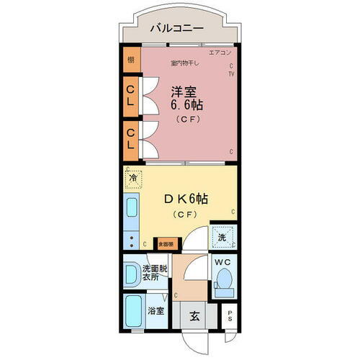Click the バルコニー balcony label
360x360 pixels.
[176, 30]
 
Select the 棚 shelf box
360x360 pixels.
[131, 60]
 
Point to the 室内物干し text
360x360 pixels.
[185, 63]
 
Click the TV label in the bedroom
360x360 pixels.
[231, 73]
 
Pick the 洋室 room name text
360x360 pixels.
[184, 91]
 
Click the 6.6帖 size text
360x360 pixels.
[186, 105]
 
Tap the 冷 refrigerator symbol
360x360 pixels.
[133, 176]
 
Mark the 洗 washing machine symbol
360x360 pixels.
[221, 235]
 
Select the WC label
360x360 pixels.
[221, 263]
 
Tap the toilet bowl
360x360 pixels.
[225, 279]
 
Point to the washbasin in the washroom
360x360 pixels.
[132, 274]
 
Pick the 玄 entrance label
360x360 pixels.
[194, 315]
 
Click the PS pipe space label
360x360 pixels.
[230, 315]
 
